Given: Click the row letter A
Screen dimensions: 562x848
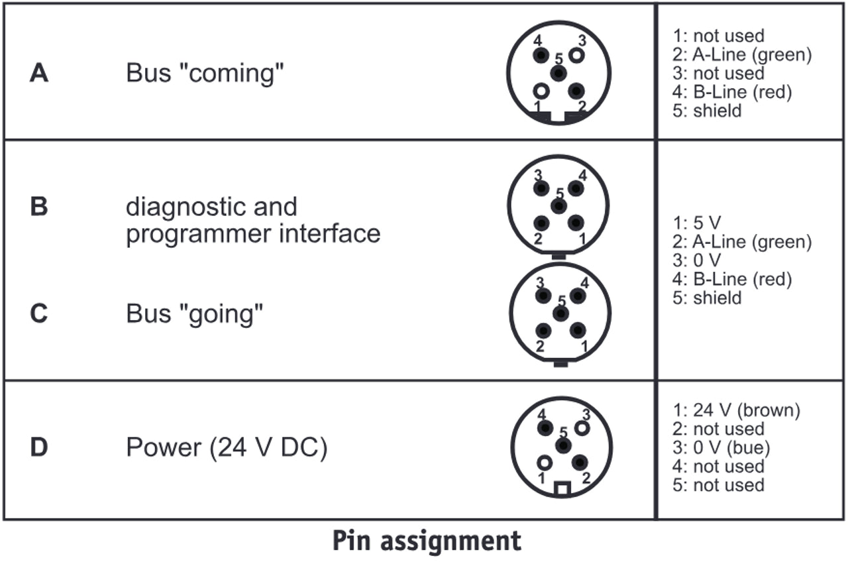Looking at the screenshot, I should click(x=39, y=73).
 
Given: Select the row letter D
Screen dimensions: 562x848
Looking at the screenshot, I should click(x=39, y=447).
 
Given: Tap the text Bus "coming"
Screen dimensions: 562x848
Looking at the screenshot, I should click(x=205, y=73).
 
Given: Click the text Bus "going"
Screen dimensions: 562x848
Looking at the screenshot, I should click(x=195, y=313).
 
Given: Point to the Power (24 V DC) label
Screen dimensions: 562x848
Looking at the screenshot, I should click(x=227, y=447).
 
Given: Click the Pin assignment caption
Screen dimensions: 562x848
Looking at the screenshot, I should click(x=427, y=541).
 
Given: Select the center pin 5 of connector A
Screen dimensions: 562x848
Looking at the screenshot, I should click(x=558, y=73).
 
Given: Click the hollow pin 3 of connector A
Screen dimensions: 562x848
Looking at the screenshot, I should click(x=577, y=55).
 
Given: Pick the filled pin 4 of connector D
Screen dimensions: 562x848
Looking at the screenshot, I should click(x=545, y=428).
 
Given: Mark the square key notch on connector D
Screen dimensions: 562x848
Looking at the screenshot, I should click(x=562, y=488).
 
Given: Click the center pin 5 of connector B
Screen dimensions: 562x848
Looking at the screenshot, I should click(x=558, y=206).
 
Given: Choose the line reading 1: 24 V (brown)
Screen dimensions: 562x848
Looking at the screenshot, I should click(x=736, y=411).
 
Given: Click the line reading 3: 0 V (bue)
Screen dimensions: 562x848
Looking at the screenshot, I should click(x=721, y=448).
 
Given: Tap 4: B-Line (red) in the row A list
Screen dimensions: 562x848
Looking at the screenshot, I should click(x=732, y=91).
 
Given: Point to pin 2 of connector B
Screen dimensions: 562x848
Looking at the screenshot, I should click(x=541, y=224).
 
